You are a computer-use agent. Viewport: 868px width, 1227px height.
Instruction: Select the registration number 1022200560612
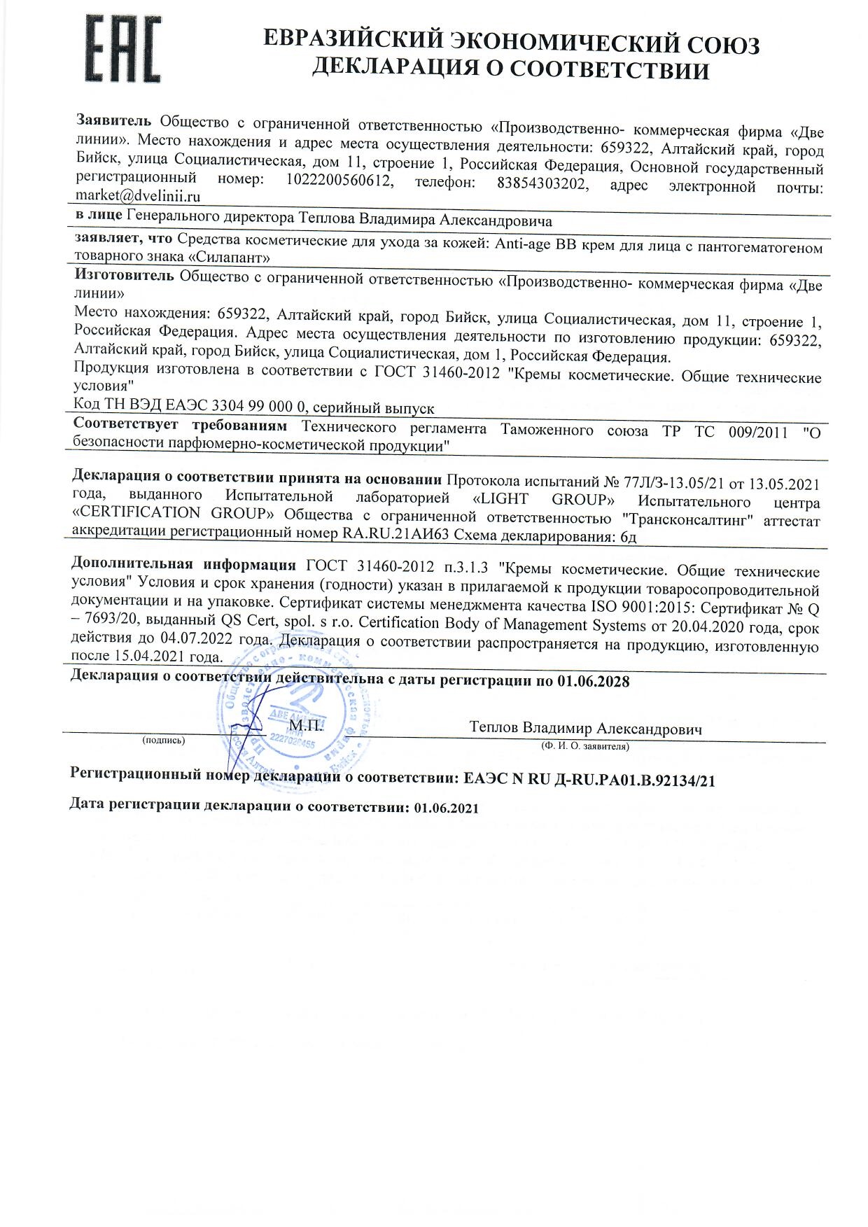tap(337, 181)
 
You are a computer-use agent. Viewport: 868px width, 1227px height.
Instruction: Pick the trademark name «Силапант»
tap(230, 257)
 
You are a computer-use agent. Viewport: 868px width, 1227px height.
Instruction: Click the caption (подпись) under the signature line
tap(163, 740)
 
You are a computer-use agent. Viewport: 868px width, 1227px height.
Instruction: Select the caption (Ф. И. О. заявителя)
tap(585, 746)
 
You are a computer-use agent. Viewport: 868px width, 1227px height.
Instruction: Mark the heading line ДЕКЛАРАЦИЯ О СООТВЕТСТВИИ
tap(510, 70)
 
